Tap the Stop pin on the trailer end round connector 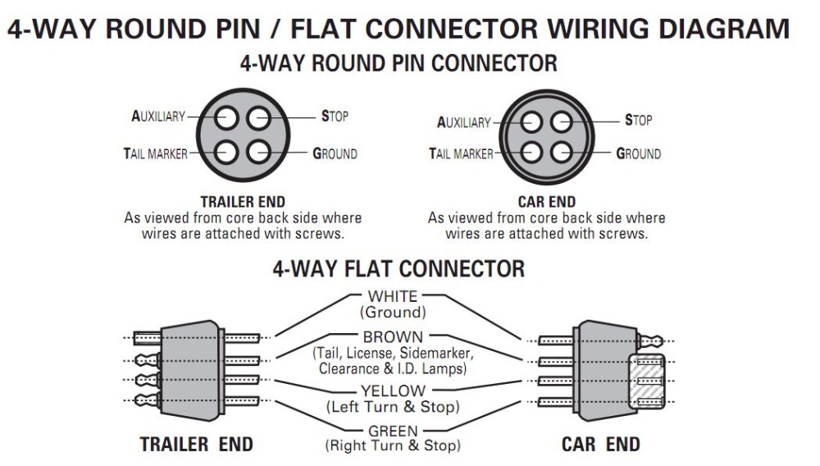[258, 120]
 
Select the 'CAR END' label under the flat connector [600, 445]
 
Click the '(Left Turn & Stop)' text [393, 407]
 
